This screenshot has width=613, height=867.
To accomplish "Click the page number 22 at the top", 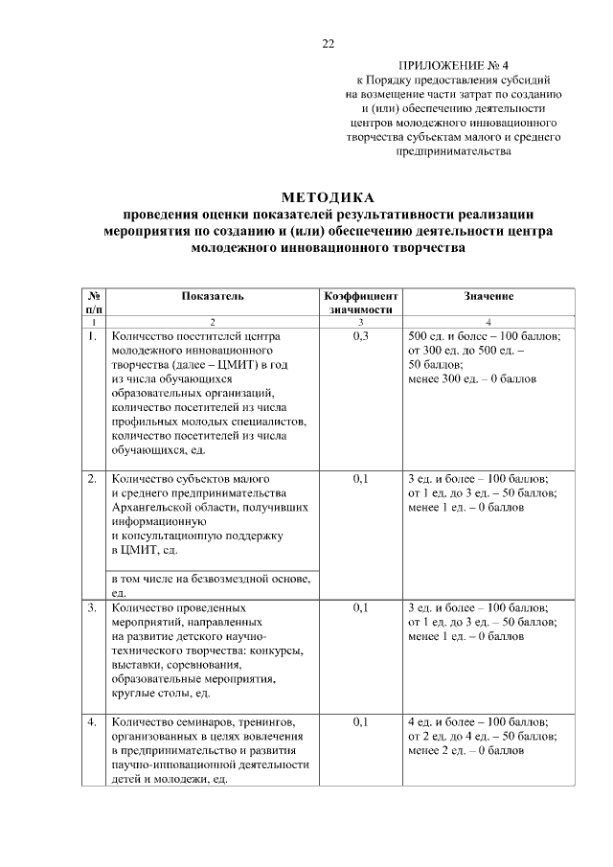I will (x=328, y=44).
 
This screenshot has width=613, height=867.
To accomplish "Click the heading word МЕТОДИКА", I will (x=328, y=197).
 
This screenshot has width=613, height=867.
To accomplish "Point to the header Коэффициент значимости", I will (x=360, y=304).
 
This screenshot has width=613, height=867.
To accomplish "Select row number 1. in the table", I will (x=92, y=337).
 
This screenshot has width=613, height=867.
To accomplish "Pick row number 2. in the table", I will (x=92, y=478).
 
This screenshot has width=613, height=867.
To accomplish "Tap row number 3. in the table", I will (x=92, y=607).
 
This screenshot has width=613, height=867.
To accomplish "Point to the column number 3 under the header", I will (x=360, y=322).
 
